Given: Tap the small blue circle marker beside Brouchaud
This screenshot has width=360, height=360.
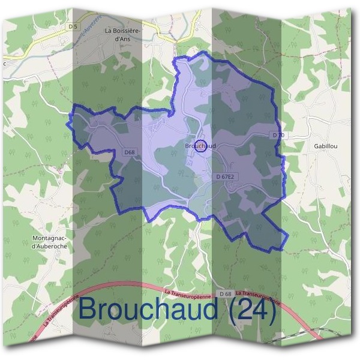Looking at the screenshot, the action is (x=202, y=145).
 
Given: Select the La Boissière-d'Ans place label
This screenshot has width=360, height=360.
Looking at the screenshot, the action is (x=125, y=34).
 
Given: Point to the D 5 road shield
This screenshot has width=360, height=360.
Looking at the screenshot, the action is (x=73, y=26).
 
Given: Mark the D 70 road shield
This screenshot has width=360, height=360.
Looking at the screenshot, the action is (x=278, y=136).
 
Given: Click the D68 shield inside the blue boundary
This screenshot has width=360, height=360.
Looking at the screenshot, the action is (x=129, y=152).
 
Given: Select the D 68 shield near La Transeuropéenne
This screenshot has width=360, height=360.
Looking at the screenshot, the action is (x=225, y=293).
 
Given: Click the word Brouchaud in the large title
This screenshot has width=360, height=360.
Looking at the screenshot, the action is (x=149, y=310).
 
